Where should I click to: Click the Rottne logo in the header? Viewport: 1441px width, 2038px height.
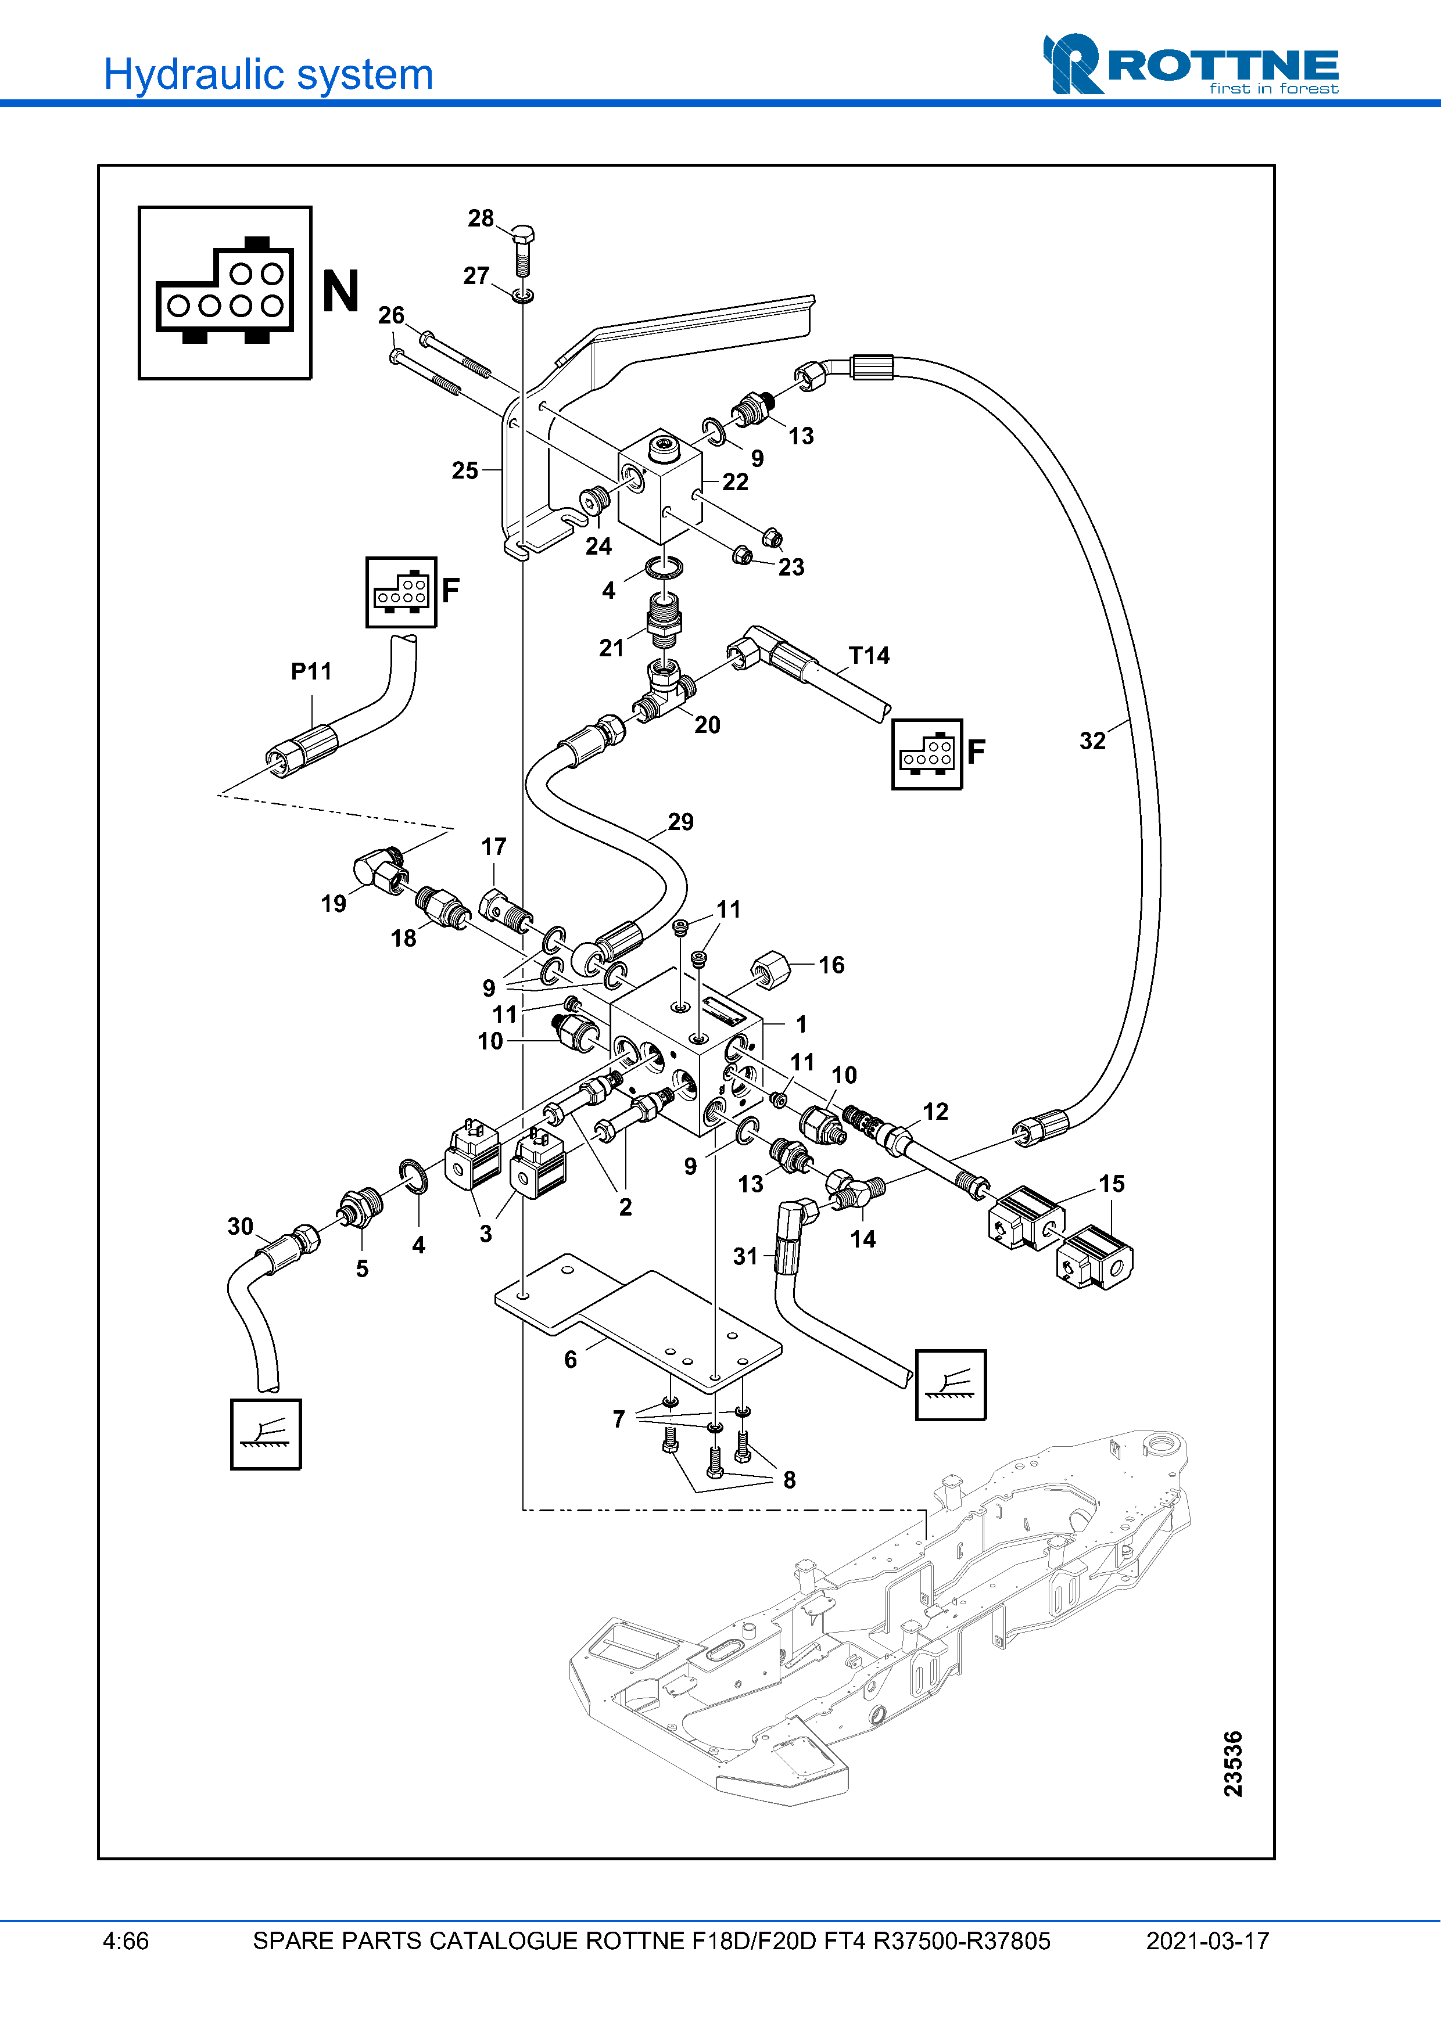1190,65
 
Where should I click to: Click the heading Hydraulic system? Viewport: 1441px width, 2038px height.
268,74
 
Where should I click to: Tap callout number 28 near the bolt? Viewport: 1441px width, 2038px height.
481,218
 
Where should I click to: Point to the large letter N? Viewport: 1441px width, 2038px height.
340,292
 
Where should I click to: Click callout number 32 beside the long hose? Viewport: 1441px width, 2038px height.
1092,741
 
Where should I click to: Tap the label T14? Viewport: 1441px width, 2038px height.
868,656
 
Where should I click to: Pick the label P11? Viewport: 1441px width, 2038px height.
311,671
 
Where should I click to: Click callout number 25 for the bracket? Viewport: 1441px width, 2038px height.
464,470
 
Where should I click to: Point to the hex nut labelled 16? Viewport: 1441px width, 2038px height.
770,968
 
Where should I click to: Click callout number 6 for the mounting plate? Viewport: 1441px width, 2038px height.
570,1360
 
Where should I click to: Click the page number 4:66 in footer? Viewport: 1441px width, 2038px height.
125,1941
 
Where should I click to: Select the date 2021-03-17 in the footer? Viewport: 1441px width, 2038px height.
1207,1941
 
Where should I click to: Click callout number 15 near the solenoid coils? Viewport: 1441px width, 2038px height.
1111,1184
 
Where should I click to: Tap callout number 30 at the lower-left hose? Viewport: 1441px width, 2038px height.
240,1227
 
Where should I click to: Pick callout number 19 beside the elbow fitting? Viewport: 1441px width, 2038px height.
333,904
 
